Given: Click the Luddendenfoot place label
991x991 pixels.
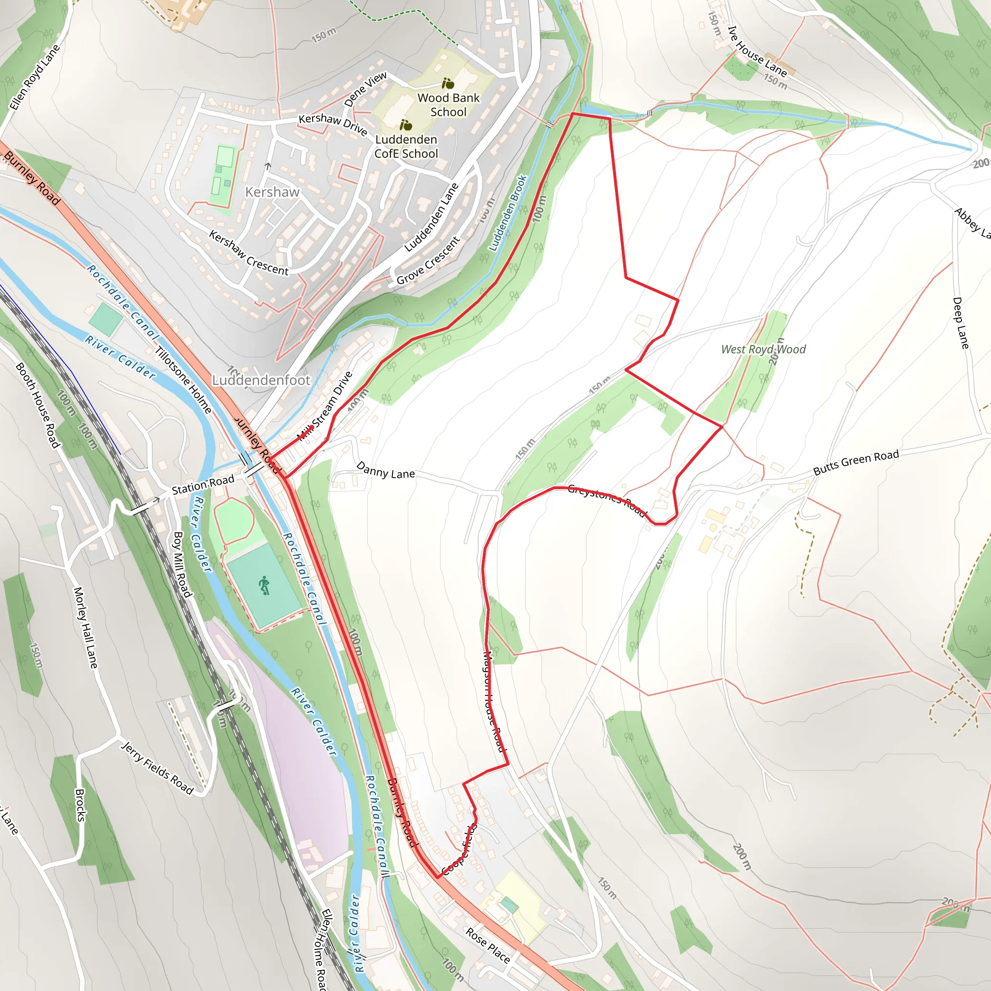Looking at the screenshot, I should (261, 380).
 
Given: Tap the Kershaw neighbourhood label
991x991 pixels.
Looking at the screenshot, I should (272, 192).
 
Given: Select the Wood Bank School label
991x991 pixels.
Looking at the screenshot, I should (448, 105).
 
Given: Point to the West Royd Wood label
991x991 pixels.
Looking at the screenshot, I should (763, 349).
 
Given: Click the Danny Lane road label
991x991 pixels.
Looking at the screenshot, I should (385, 470).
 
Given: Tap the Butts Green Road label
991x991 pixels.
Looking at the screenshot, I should (856, 462).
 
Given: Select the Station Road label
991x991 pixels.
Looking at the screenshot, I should (203, 485).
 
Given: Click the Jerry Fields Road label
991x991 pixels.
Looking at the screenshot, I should (157, 768).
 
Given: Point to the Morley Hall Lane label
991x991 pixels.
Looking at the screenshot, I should (85, 628).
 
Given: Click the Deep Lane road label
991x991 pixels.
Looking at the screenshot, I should (960, 323).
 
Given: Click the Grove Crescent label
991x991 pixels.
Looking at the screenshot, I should (428, 261).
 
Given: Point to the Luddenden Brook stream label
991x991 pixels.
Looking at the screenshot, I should (507, 213).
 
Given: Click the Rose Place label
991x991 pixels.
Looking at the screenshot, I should (487, 945).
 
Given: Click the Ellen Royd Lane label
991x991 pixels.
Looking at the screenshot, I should (35, 77).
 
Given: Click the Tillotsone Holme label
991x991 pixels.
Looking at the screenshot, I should (183, 380).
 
